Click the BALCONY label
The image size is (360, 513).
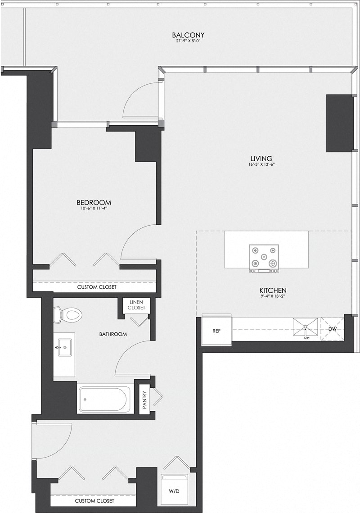pos(189,35)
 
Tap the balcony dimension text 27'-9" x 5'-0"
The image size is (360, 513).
pos(189,41)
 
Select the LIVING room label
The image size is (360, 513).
pos(261,158)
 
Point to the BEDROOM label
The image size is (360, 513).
pos(94,202)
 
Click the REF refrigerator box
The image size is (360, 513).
pos(216,331)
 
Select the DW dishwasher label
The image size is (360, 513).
pos(332,329)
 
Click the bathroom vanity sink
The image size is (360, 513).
pos(63,347)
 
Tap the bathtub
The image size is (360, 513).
pos(105,399)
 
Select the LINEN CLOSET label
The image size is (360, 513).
pos(137,305)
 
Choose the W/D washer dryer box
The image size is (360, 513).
pos(174,490)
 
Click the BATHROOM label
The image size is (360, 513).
pos(113,334)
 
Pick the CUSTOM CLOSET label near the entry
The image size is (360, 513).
pos(94,500)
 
